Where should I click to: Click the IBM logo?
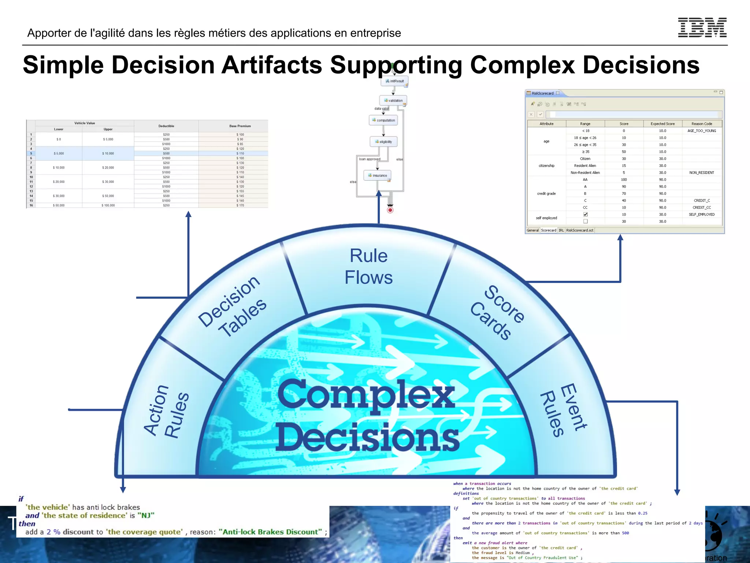tap(702, 27)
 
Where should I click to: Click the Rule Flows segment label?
tap(368, 266)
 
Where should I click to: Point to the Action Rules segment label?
tap(167, 411)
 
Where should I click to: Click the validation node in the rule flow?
tap(393, 100)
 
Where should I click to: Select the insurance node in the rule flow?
tap(378, 176)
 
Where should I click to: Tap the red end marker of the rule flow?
tap(390, 210)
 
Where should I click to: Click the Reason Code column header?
tap(702, 124)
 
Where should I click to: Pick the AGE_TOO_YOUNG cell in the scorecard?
tap(702, 131)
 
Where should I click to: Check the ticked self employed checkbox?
tap(586, 214)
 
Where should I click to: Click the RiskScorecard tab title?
tap(543, 93)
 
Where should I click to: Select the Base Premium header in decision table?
tap(240, 126)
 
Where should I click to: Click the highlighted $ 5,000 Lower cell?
tap(59, 154)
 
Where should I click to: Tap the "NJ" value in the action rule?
tap(146, 515)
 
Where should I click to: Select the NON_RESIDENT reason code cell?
tap(702, 173)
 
